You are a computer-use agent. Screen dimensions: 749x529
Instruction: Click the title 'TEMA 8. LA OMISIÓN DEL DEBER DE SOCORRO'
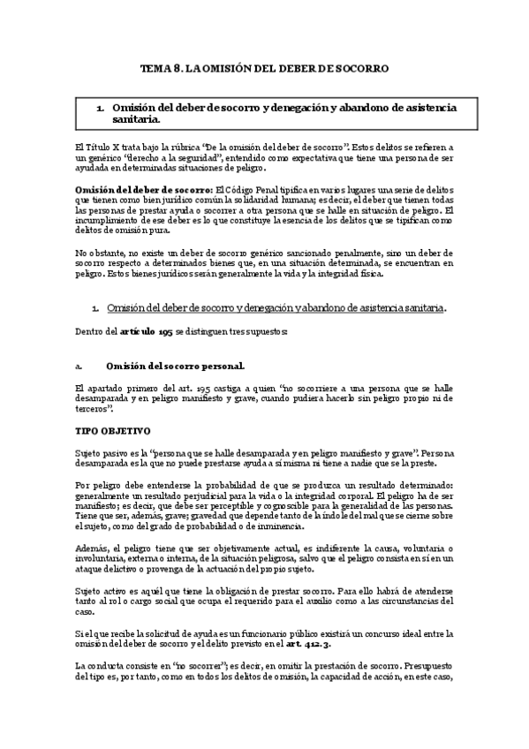click(x=265, y=67)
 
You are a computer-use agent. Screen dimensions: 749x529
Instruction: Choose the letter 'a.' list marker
click(x=79, y=365)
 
